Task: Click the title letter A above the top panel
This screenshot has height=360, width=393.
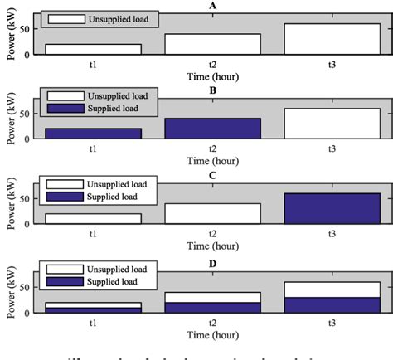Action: click(213, 5)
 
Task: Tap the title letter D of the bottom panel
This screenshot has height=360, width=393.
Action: click(213, 259)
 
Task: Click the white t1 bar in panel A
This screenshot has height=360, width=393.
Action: click(94, 50)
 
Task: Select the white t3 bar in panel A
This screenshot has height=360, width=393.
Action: click(332, 39)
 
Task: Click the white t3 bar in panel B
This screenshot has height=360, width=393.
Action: click(332, 124)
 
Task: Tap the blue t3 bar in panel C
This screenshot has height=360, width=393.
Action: click(332, 208)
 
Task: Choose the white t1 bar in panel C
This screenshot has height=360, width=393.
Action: click(94, 218)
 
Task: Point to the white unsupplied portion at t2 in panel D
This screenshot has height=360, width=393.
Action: click(213, 297)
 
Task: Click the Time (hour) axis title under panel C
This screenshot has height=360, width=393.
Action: click(213, 246)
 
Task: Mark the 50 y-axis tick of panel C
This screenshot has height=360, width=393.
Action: click(31, 199)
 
